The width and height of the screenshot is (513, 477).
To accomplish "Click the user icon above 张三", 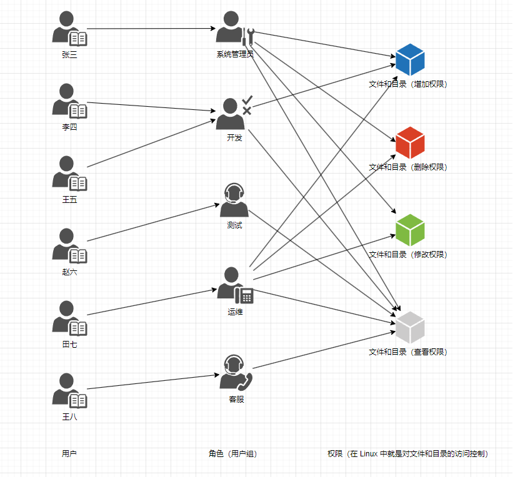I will point(69,29).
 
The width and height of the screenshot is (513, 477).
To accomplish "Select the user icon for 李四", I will point(69,102).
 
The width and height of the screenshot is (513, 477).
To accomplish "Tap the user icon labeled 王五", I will point(69,174).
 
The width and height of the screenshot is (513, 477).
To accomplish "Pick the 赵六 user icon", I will point(69,247).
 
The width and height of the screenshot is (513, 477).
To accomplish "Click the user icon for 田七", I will point(69,319).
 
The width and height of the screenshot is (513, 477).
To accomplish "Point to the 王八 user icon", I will point(69,391).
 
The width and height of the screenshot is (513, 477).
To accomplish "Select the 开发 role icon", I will point(232,113).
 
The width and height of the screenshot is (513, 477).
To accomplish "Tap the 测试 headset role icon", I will point(234,200).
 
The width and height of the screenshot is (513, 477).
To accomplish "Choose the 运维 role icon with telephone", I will point(234,285).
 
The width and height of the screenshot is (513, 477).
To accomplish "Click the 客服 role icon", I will point(235,373).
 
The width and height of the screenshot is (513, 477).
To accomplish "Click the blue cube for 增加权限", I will point(410,60).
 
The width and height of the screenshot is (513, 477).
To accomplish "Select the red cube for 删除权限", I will point(410,143).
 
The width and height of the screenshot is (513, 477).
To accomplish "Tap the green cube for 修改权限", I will point(410,230).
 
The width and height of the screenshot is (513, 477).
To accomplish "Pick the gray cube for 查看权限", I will point(410,327).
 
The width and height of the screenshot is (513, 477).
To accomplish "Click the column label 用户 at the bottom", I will point(69,454).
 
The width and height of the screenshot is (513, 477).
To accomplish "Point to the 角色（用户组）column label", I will point(232,454).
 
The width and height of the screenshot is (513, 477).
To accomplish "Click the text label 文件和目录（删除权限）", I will point(407,167).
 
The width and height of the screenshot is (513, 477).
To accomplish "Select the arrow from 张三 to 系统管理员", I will point(150,29).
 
